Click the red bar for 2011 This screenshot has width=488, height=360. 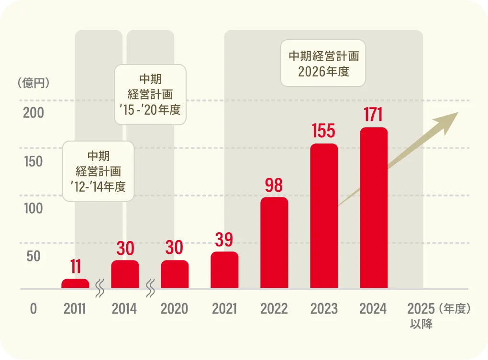click(x=75, y=284)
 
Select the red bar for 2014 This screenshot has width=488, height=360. click(x=125, y=274)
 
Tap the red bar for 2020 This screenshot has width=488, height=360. click(x=175, y=274)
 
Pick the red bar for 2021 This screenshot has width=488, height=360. click(x=224, y=270)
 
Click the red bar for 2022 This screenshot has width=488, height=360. click(x=274, y=243)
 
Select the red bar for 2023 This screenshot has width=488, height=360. click(x=324, y=216)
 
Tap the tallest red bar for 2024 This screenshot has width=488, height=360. click(x=374, y=208)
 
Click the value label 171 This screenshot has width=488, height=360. click(x=374, y=116)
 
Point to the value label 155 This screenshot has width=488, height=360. click(x=324, y=131)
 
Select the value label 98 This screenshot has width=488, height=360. click(x=274, y=185)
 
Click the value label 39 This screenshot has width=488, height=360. click(x=224, y=240)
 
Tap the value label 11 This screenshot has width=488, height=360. click(x=75, y=267)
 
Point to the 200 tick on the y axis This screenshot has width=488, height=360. click(x=33, y=113)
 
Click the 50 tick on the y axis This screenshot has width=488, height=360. click(x=33, y=256)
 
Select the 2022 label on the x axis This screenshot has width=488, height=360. click(x=274, y=309)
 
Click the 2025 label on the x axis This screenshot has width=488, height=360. click(x=421, y=309)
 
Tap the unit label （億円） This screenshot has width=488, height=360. click(x=33, y=83)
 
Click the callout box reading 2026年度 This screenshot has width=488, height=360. click(x=323, y=64)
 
